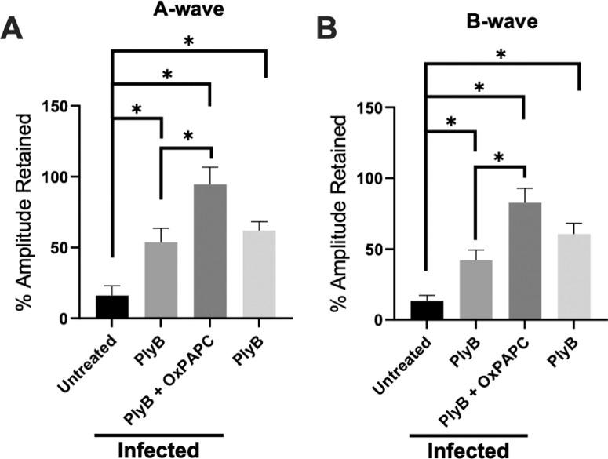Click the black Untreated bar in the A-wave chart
112,307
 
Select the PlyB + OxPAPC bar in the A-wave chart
209,251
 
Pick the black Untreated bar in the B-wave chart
426,310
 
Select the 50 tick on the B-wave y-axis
391,250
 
